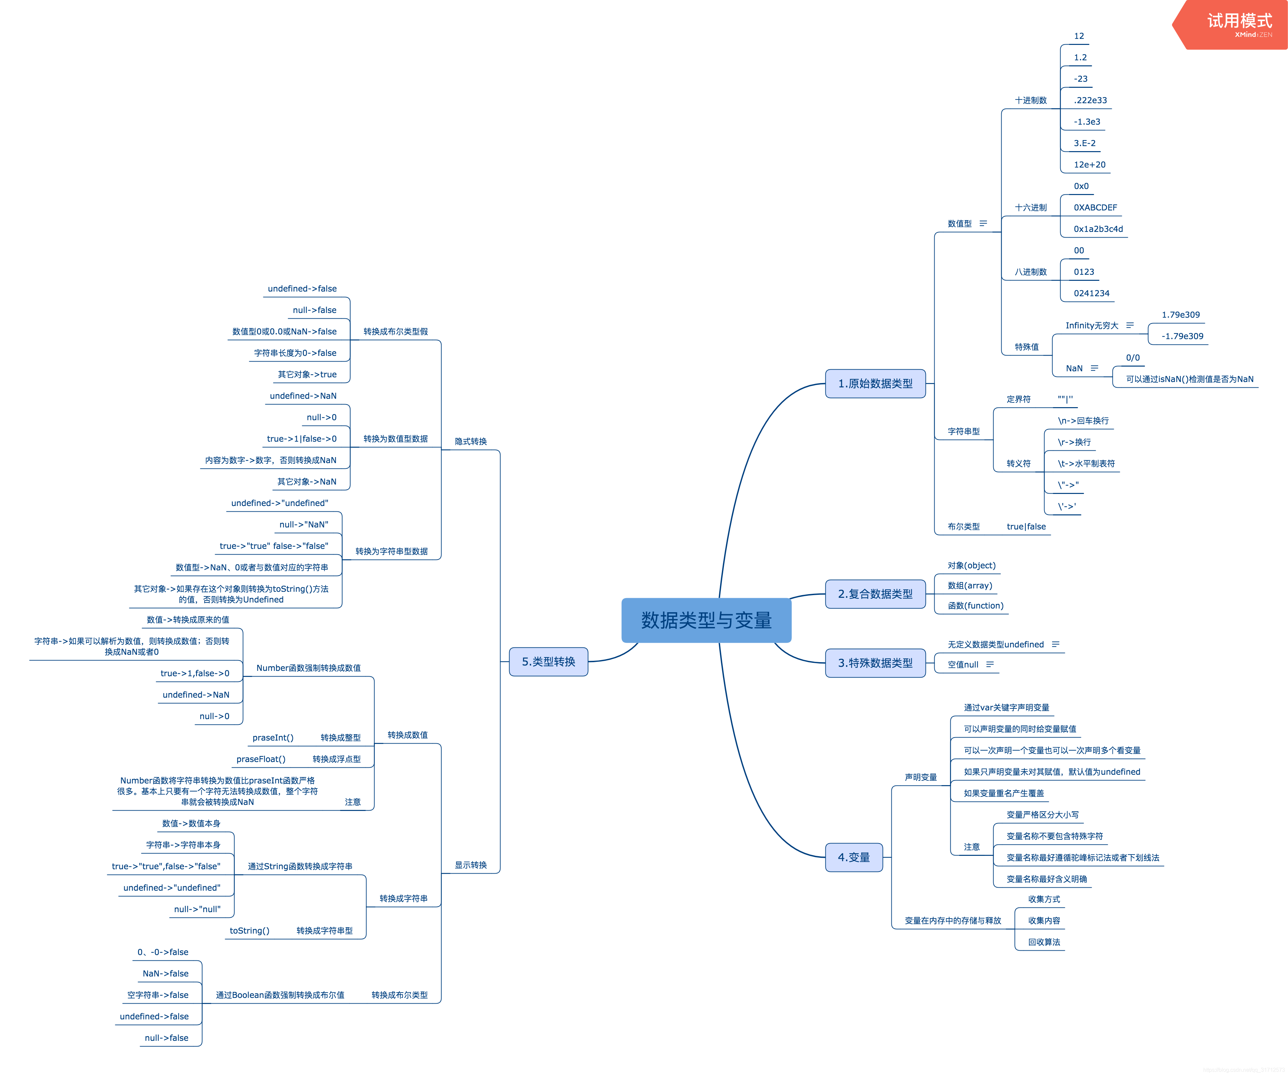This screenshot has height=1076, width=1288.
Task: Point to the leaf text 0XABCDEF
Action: click(1095, 207)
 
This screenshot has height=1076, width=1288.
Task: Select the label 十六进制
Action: click(1030, 207)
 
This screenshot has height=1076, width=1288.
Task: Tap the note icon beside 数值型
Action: click(983, 223)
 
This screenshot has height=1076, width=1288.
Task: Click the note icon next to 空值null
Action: click(989, 664)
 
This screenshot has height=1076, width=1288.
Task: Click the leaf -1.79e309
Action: click(1182, 336)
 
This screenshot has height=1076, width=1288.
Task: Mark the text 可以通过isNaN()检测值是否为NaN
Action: click(1189, 379)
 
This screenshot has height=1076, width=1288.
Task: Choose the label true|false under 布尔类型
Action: click(1026, 526)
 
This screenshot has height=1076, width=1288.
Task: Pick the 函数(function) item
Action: click(975, 606)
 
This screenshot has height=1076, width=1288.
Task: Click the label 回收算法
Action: click(1044, 942)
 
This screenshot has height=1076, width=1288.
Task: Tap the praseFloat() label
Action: click(261, 759)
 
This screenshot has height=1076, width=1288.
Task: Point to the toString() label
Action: click(250, 931)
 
